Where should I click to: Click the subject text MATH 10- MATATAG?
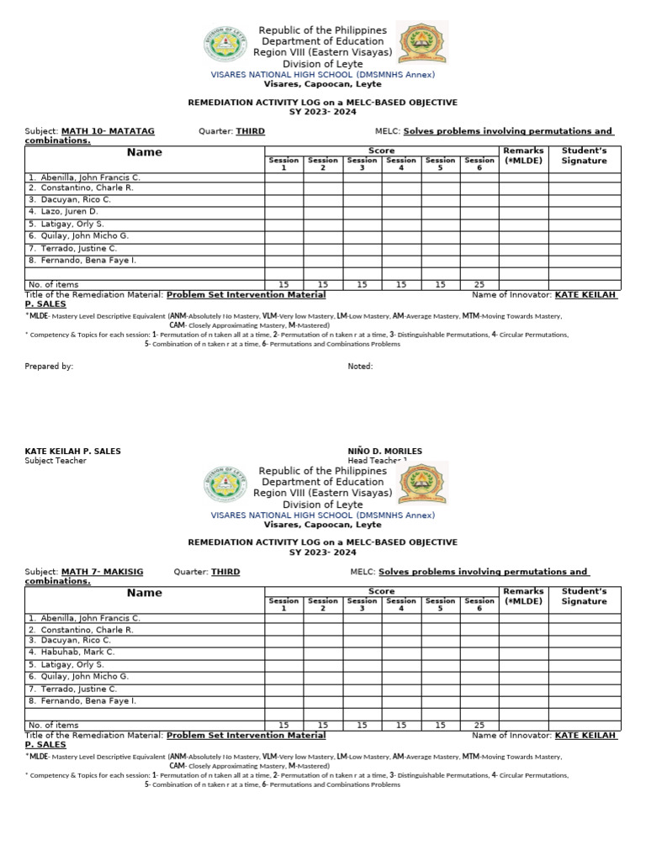point(108,131)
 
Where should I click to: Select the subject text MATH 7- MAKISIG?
point(102,572)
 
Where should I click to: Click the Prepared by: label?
point(49,367)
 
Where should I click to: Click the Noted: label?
point(360,367)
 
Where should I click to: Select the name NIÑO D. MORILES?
point(384,452)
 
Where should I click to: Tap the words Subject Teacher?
point(56,461)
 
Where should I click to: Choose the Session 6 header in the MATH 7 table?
point(479,605)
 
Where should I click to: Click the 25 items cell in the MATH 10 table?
point(479,285)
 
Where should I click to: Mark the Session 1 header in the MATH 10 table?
point(283,164)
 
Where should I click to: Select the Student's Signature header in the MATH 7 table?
point(585,596)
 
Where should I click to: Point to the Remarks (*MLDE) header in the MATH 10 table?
point(523,156)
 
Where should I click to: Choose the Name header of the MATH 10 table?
point(145,152)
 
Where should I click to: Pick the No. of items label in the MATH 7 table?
point(54,725)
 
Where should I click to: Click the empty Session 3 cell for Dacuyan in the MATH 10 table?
point(362,200)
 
